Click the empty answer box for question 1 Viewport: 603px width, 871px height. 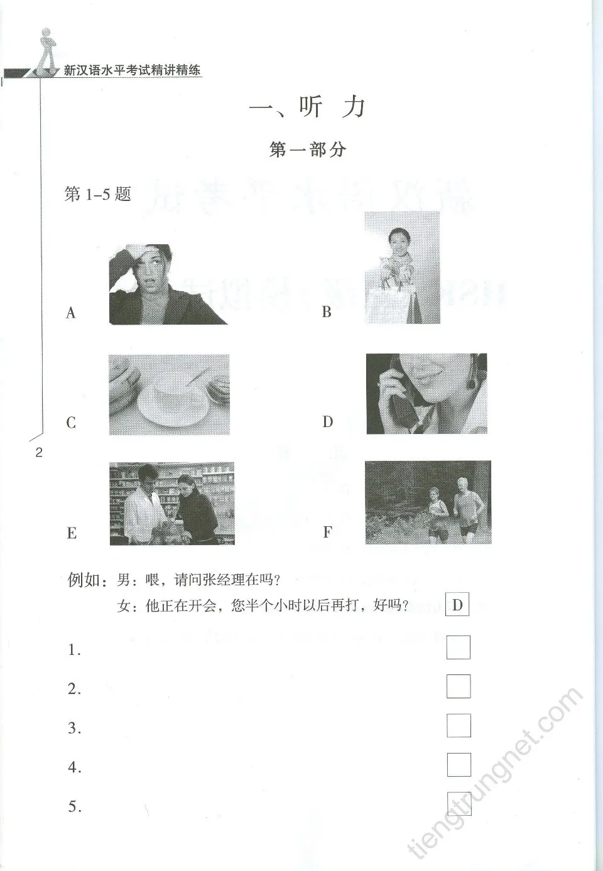point(458,647)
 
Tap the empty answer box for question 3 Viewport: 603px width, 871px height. point(458,725)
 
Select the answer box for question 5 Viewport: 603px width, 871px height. point(459,803)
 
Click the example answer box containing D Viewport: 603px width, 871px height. point(457,605)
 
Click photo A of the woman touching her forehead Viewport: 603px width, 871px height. point(168,284)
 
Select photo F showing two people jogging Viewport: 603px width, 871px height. point(428,502)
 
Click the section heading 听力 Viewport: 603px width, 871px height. point(307,107)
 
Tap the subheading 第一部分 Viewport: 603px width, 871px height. point(307,149)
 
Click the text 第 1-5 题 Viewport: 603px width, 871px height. point(97,194)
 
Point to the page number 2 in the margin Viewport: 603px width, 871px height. point(39,452)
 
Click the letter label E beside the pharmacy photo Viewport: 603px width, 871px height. point(72,533)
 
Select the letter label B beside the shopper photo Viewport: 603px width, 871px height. point(327,312)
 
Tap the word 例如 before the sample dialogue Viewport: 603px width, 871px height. point(84,580)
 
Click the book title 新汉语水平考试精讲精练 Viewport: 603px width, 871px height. point(133,70)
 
